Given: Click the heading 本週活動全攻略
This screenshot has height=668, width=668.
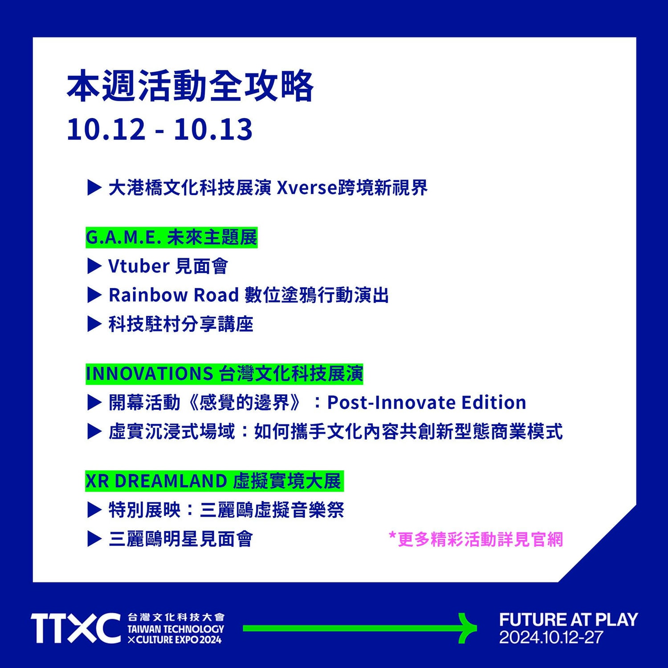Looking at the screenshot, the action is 190,86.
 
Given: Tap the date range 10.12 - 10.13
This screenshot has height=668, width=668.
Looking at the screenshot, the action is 159,130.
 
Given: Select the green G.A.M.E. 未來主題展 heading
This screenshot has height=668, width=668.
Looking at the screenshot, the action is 171,237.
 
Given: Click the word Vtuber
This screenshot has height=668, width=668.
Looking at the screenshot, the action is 139,266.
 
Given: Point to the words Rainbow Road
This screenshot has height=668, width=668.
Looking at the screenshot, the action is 174,295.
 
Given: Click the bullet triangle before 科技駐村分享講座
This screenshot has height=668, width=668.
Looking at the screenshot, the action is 94,324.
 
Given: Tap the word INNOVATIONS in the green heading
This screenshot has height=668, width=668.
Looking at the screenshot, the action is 149,374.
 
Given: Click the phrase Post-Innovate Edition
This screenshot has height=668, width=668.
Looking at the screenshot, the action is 427,402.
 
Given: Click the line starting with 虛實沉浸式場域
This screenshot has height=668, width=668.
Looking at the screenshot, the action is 336,431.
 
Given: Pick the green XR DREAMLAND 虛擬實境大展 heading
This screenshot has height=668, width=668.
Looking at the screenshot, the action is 214,481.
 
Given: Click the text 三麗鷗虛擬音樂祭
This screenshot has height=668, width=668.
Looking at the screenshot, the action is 272,510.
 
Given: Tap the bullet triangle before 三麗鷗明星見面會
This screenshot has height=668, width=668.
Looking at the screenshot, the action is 94,539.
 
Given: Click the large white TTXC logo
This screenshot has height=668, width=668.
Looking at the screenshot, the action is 76,628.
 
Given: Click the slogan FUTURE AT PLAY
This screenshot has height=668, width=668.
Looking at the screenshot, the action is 569,619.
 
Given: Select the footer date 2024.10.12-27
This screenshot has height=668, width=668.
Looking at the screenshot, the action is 551,637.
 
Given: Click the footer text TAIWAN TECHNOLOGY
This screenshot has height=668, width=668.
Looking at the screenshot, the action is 176,629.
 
